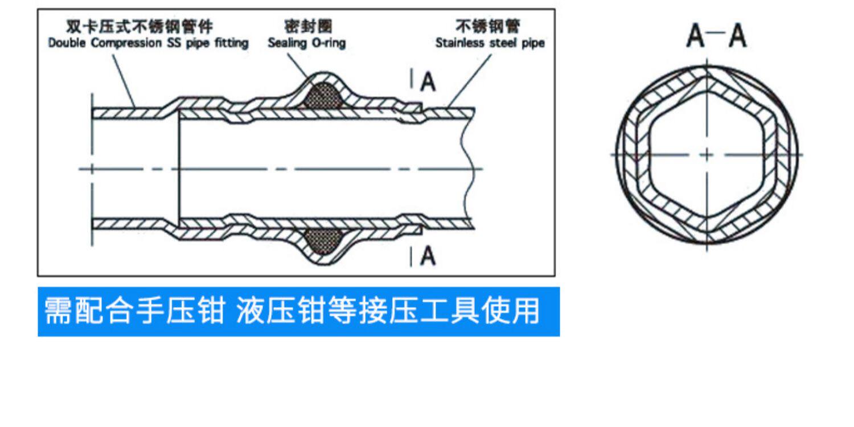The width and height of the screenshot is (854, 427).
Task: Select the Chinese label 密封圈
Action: pyautogui.click(x=307, y=27)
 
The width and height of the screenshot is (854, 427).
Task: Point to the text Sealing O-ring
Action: pyautogui.click(x=306, y=43)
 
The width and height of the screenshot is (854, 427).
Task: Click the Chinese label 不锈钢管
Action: pyautogui.click(x=488, y=27)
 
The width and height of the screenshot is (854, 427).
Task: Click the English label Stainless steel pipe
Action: pyautogui.click(x=490, y=43)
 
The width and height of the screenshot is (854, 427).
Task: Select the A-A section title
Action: pyautogui.click(x=716, y=36)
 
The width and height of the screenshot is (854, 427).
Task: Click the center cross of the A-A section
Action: pyautogui.click(x=707, y=154)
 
